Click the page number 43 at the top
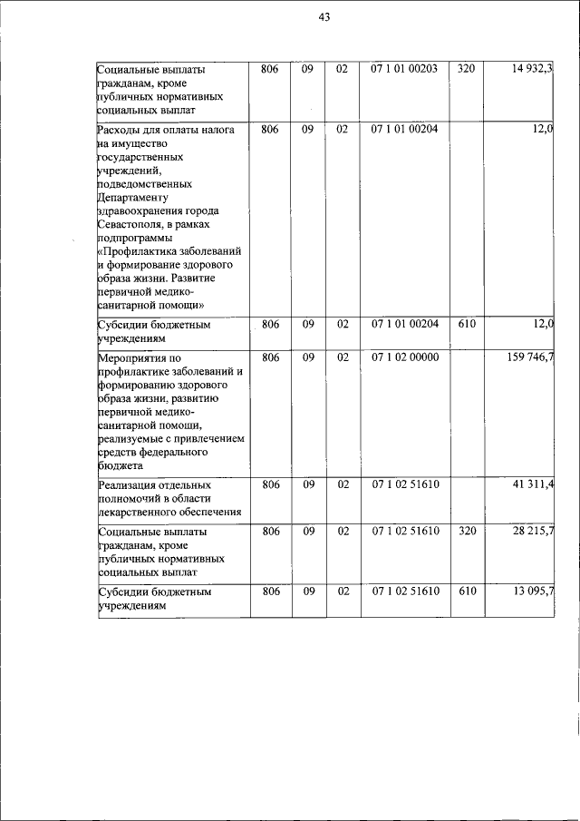324,17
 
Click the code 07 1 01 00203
404,69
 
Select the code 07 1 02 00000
404,357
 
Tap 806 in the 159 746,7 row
270,357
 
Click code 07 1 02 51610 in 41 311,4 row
404,484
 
